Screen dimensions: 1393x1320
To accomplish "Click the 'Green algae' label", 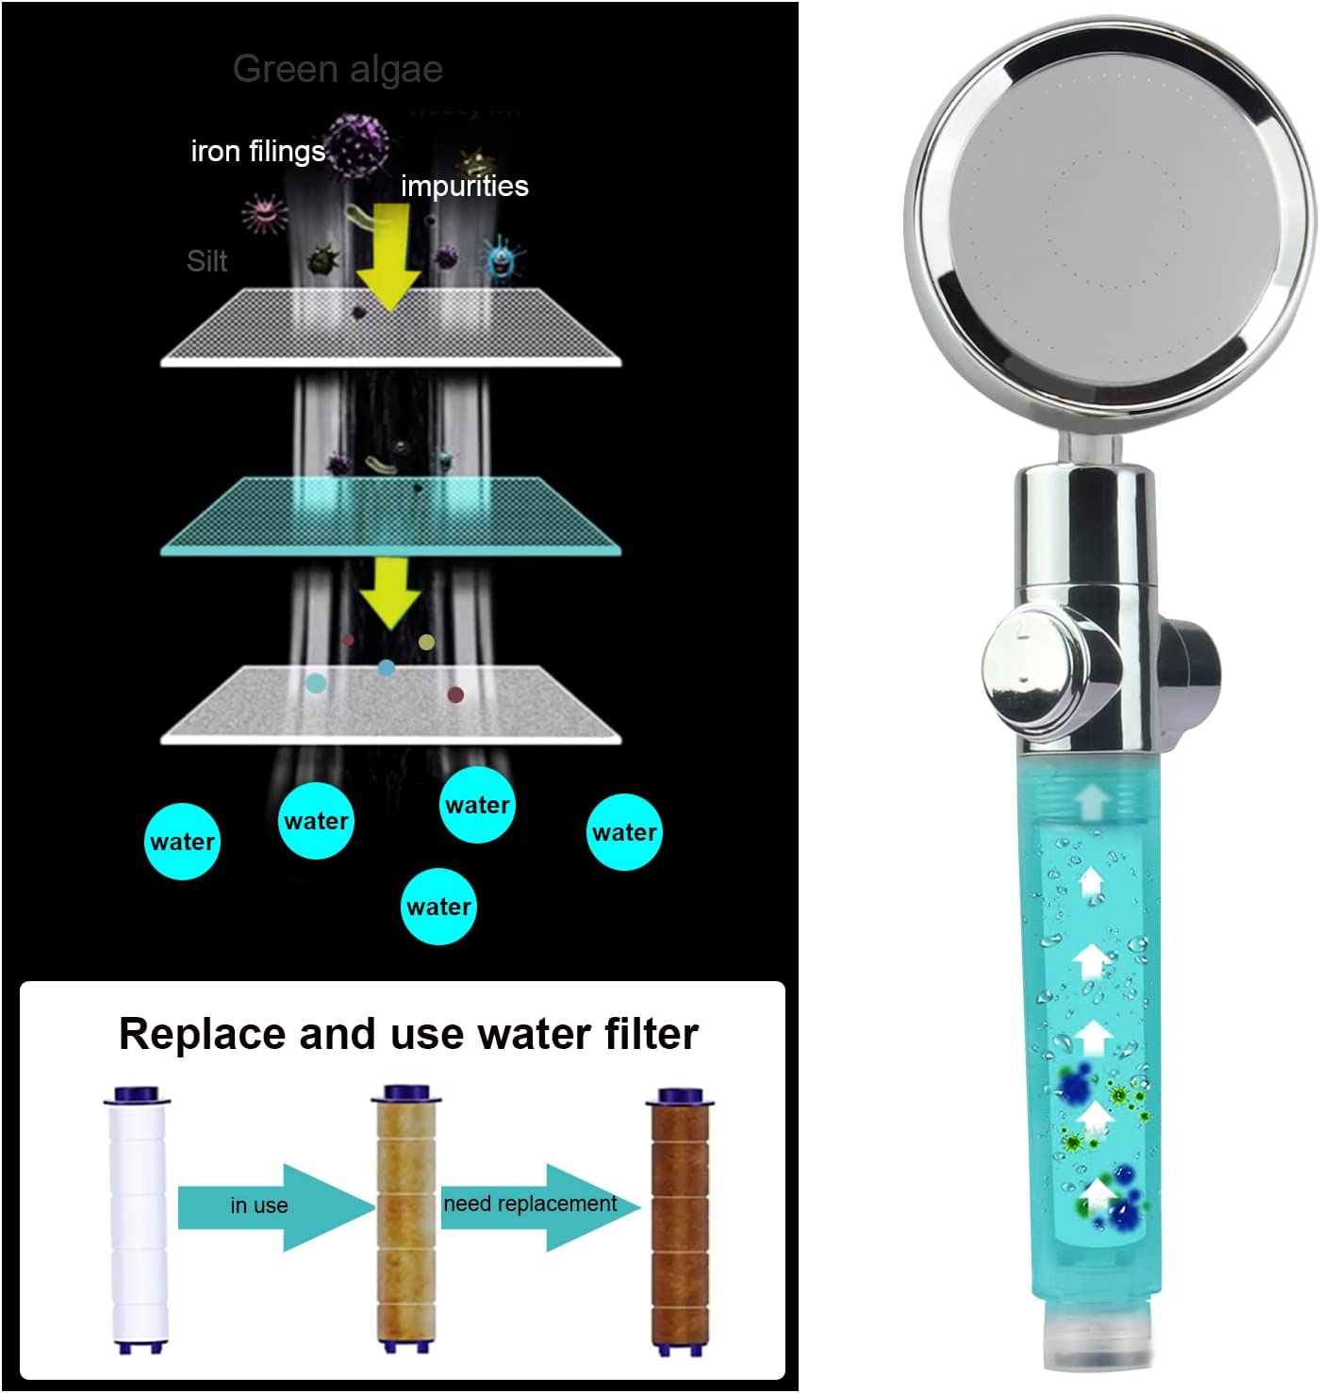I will (x=338, y=69).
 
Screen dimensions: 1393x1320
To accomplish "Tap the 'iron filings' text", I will (x=257, y=151).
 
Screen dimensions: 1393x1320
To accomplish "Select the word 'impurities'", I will (x=464, y=186).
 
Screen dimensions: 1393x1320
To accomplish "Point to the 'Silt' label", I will (x=206, y=261).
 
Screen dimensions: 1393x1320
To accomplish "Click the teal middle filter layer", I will (x=391, y=516).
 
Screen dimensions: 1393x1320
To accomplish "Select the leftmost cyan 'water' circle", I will (x=183, y=842).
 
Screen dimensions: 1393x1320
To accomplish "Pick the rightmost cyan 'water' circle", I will (x=624, y=832).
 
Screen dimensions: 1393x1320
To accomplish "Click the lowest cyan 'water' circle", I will (x=438, y=907).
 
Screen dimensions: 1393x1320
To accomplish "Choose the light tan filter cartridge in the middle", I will (x=407, y=1220).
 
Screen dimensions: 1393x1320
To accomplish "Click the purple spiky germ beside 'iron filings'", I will (x=356, y=145).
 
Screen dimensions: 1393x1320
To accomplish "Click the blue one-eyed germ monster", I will (x=503, y=258).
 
